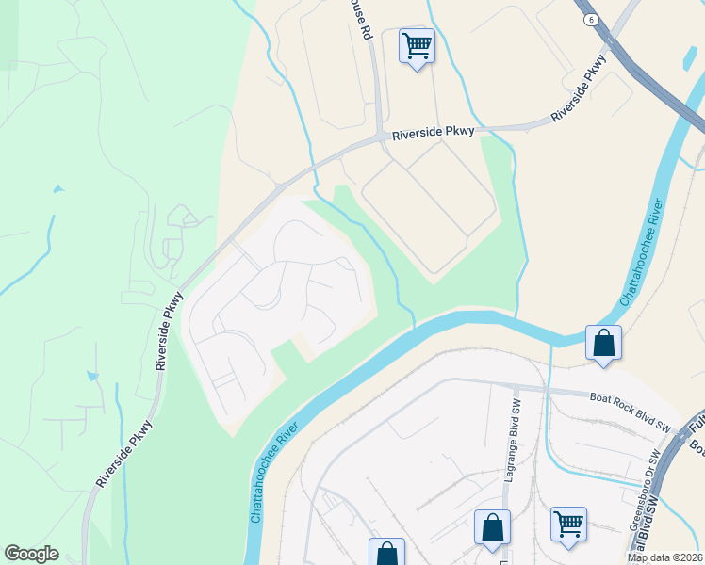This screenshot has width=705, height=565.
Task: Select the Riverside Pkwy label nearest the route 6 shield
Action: (579, 88)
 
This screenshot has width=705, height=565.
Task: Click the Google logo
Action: (31, 554)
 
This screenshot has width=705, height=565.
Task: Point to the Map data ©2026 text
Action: (665, 557)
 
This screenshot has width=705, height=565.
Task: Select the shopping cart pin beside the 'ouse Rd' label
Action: (417, 45)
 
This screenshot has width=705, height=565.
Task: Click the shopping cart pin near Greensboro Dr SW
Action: (569, 524)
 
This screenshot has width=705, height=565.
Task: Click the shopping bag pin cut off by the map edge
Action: (386, 552)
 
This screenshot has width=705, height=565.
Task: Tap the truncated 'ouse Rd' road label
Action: (360, 20)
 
